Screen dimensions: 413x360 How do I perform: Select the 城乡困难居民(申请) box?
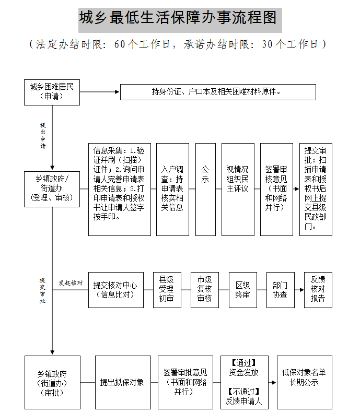(x=52, y=92)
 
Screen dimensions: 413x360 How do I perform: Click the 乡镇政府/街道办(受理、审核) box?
(x=52, y=188)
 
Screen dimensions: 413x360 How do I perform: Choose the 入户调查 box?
(x=172, y=188)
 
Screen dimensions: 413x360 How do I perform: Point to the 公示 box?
(x=205, y=188)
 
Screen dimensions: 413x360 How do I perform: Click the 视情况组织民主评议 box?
(x=238, y=188)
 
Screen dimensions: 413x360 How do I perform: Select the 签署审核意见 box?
(x=275, y=188)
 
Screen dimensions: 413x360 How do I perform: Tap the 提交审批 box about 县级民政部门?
(x=316, y=188)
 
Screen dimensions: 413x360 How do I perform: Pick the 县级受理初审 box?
(x=167, y=290)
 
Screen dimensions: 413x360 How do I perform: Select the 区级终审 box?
(x=243, y=290)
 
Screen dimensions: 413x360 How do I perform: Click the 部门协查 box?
(x=280, y=290)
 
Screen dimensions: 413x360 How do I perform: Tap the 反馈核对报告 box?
(x=318, y=290)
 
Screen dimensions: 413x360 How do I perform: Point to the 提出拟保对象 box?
(x=122, y=382)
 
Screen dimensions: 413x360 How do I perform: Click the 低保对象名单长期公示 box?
(x=304, y=382)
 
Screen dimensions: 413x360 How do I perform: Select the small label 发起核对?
(x=71, y=282)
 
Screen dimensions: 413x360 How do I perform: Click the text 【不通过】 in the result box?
(x=244, y=392)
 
